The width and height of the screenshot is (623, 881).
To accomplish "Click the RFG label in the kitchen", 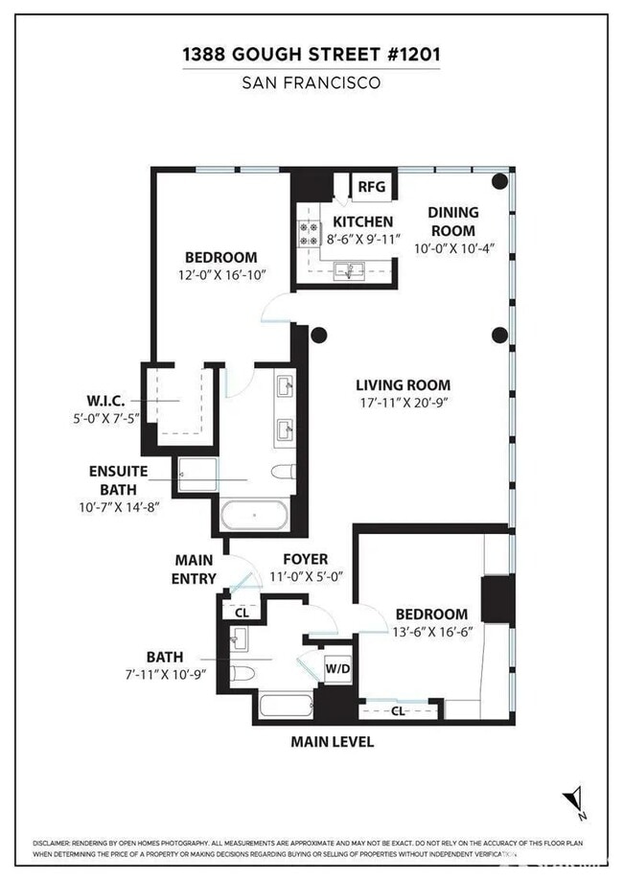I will pyautogui.click(x=371, y=187).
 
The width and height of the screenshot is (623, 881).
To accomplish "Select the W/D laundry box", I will pyautogui.click(x=336, y=667).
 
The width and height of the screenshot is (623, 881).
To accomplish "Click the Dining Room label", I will pyautogui.click(x=451, y=221).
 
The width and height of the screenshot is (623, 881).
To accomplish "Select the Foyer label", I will pyautogui.click(x=305, y=559).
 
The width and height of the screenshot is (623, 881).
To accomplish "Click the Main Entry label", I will pyautogui.click(x=195, y=568).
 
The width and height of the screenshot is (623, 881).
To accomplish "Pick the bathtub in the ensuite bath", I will pyautogui.click(x=253, y=516).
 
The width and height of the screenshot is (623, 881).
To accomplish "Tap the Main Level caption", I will pyautogui.click(x=333, y=742).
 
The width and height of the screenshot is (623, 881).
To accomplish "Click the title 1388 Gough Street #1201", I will pyautogui.click(x=311, y=57).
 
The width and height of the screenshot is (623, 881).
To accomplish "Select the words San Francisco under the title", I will pyautogui.click(x=311, y=83).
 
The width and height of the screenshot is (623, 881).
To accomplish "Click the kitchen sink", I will pyautogui.click(x=348, y=271).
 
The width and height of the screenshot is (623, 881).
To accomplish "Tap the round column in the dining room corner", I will pyautogui.click(x=499, y=181).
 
